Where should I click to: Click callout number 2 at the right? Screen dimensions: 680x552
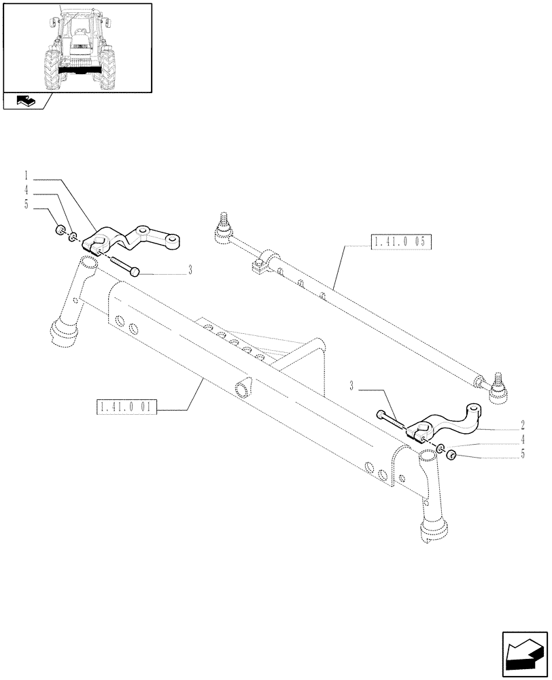[522, 425]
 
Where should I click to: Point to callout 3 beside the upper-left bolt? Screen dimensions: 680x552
[190, 271]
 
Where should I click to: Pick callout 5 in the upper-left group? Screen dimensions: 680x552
[27, 203]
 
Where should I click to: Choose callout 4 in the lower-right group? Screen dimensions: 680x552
[522, 439]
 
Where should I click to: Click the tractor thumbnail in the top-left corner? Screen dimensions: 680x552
[77, 47]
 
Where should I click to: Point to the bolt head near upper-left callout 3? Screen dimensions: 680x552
[135, 271]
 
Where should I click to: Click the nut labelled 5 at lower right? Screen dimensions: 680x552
[449, 454]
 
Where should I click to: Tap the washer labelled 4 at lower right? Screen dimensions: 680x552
[440, 447]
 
